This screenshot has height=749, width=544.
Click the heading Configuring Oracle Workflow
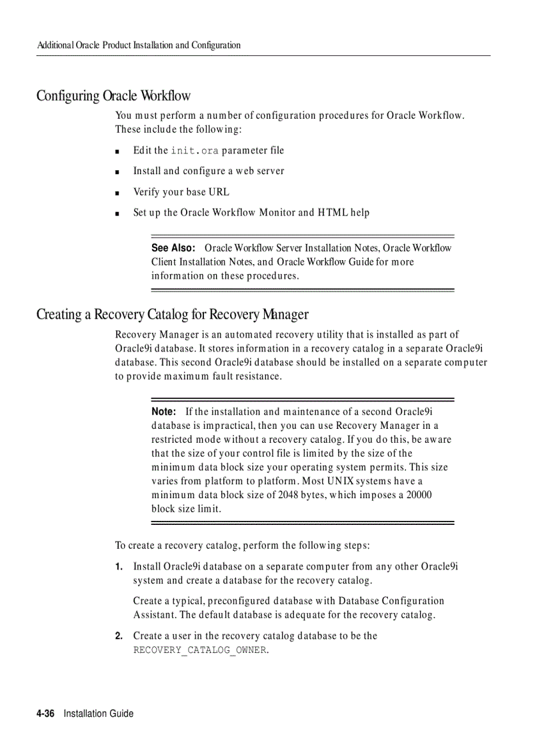(x=113, y=96)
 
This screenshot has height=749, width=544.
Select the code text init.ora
(x=195, y=151)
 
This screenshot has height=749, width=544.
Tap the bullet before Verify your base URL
(x=117, y=193)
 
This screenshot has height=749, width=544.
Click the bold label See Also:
(x=173, y=248)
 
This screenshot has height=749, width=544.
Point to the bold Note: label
(x=163, y=412)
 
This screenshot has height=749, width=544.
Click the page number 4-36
(x=46, y=714)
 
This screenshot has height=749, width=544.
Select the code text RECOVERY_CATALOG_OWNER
(x=199, y=650)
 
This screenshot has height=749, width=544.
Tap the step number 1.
(x=118, y=567)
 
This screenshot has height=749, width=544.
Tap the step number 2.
(x=118, y=636)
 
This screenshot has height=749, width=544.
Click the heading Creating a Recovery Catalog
(x=172, y=314)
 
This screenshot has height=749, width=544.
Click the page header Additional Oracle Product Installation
(x=139, y=45)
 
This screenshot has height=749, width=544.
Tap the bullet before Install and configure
(x=117, y=172)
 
